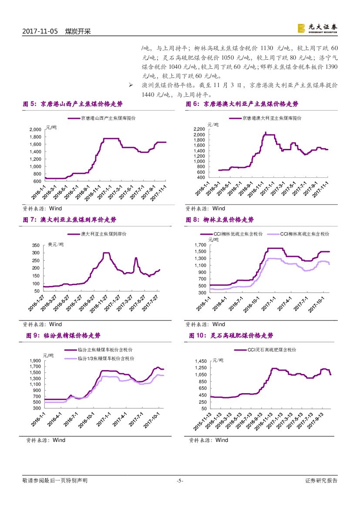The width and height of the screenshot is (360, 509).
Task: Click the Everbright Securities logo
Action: [317, 28]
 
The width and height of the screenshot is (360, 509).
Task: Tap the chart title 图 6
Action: [242, 104]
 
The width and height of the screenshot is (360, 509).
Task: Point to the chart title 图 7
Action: [70, 220]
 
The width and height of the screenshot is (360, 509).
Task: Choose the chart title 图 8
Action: [220, 220]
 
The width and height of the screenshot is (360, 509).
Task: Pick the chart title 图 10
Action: [231, 336]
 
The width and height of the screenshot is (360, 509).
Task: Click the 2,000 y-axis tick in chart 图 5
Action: [35, 130]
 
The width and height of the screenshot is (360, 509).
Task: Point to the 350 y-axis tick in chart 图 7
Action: [35, 246]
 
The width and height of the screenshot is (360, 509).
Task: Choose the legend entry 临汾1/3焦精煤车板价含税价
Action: [106, 358]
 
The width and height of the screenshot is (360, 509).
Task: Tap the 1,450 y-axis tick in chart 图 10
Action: [201, 361]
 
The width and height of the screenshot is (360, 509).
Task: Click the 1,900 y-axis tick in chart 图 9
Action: [35, 361]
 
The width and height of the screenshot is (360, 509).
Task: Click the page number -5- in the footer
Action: [180, 481]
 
